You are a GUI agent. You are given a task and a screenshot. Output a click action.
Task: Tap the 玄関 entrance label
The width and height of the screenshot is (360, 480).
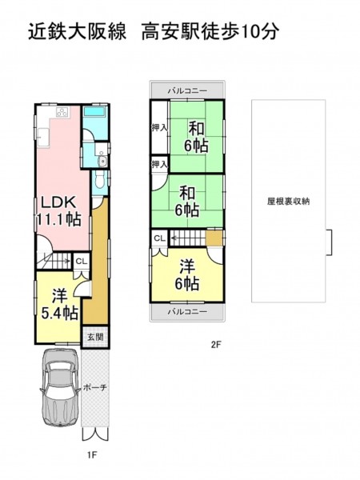pos(95,338)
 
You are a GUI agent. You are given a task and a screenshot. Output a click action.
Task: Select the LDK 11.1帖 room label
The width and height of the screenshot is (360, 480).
pos(58,210)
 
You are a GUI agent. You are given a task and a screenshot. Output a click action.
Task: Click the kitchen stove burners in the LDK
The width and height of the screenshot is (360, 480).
pos(63,112)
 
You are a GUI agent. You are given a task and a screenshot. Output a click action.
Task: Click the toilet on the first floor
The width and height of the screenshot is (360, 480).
pos(99,180)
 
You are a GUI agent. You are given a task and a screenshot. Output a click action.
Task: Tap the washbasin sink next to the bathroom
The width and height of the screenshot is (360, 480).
pos(103,161)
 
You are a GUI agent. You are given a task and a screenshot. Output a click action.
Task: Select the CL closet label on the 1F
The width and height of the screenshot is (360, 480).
pos(82,262)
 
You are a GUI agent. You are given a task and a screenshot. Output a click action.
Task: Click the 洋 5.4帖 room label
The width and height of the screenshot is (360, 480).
pos(59,304)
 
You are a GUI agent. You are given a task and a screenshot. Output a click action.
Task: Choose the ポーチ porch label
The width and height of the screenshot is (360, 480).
pos(95,387)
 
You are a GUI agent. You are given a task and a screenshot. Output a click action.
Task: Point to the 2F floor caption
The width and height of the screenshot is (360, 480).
pos(216,345)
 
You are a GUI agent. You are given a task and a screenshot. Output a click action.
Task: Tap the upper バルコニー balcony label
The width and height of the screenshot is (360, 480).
pos(187,91)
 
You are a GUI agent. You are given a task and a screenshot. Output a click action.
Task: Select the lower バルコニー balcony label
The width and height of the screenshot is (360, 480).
pos(187,312)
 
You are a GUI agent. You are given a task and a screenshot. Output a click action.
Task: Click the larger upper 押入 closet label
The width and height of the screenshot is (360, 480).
pos(159,128)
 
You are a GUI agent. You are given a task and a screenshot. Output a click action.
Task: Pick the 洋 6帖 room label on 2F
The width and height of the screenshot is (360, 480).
pos(187,274)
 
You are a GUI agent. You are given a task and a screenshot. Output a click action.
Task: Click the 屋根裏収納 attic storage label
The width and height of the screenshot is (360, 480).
pos(288,201)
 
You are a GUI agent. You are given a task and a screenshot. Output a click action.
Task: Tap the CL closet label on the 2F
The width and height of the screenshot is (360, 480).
pos(159,238)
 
